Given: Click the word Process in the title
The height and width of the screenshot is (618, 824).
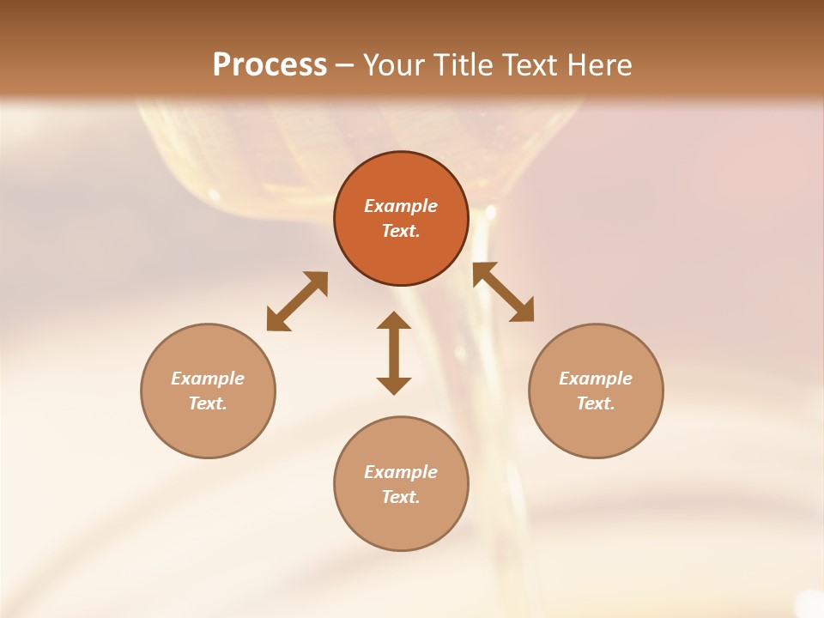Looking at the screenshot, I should click(270, 65).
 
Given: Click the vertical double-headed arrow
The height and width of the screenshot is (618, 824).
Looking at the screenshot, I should click(394, 353).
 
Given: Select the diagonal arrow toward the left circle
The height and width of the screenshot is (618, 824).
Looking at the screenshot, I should click(297, 301).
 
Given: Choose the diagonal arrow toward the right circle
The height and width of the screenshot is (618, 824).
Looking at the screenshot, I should click(503, 292).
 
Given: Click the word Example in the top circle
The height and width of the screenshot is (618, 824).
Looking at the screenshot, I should click(401, 206).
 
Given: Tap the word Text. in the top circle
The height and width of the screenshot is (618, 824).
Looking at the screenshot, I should click(401, 231).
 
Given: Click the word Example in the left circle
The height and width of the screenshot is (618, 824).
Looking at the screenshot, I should click(208, 379).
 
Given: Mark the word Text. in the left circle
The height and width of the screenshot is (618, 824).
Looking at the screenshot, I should click(208, 403).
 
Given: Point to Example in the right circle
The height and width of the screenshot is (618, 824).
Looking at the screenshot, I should click(596, 379).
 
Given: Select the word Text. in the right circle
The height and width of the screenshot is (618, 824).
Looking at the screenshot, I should click(596, 403).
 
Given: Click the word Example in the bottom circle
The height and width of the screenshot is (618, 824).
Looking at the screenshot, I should click(401, 472).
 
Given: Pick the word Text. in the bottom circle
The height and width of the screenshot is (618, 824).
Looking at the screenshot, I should click(401, 497).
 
